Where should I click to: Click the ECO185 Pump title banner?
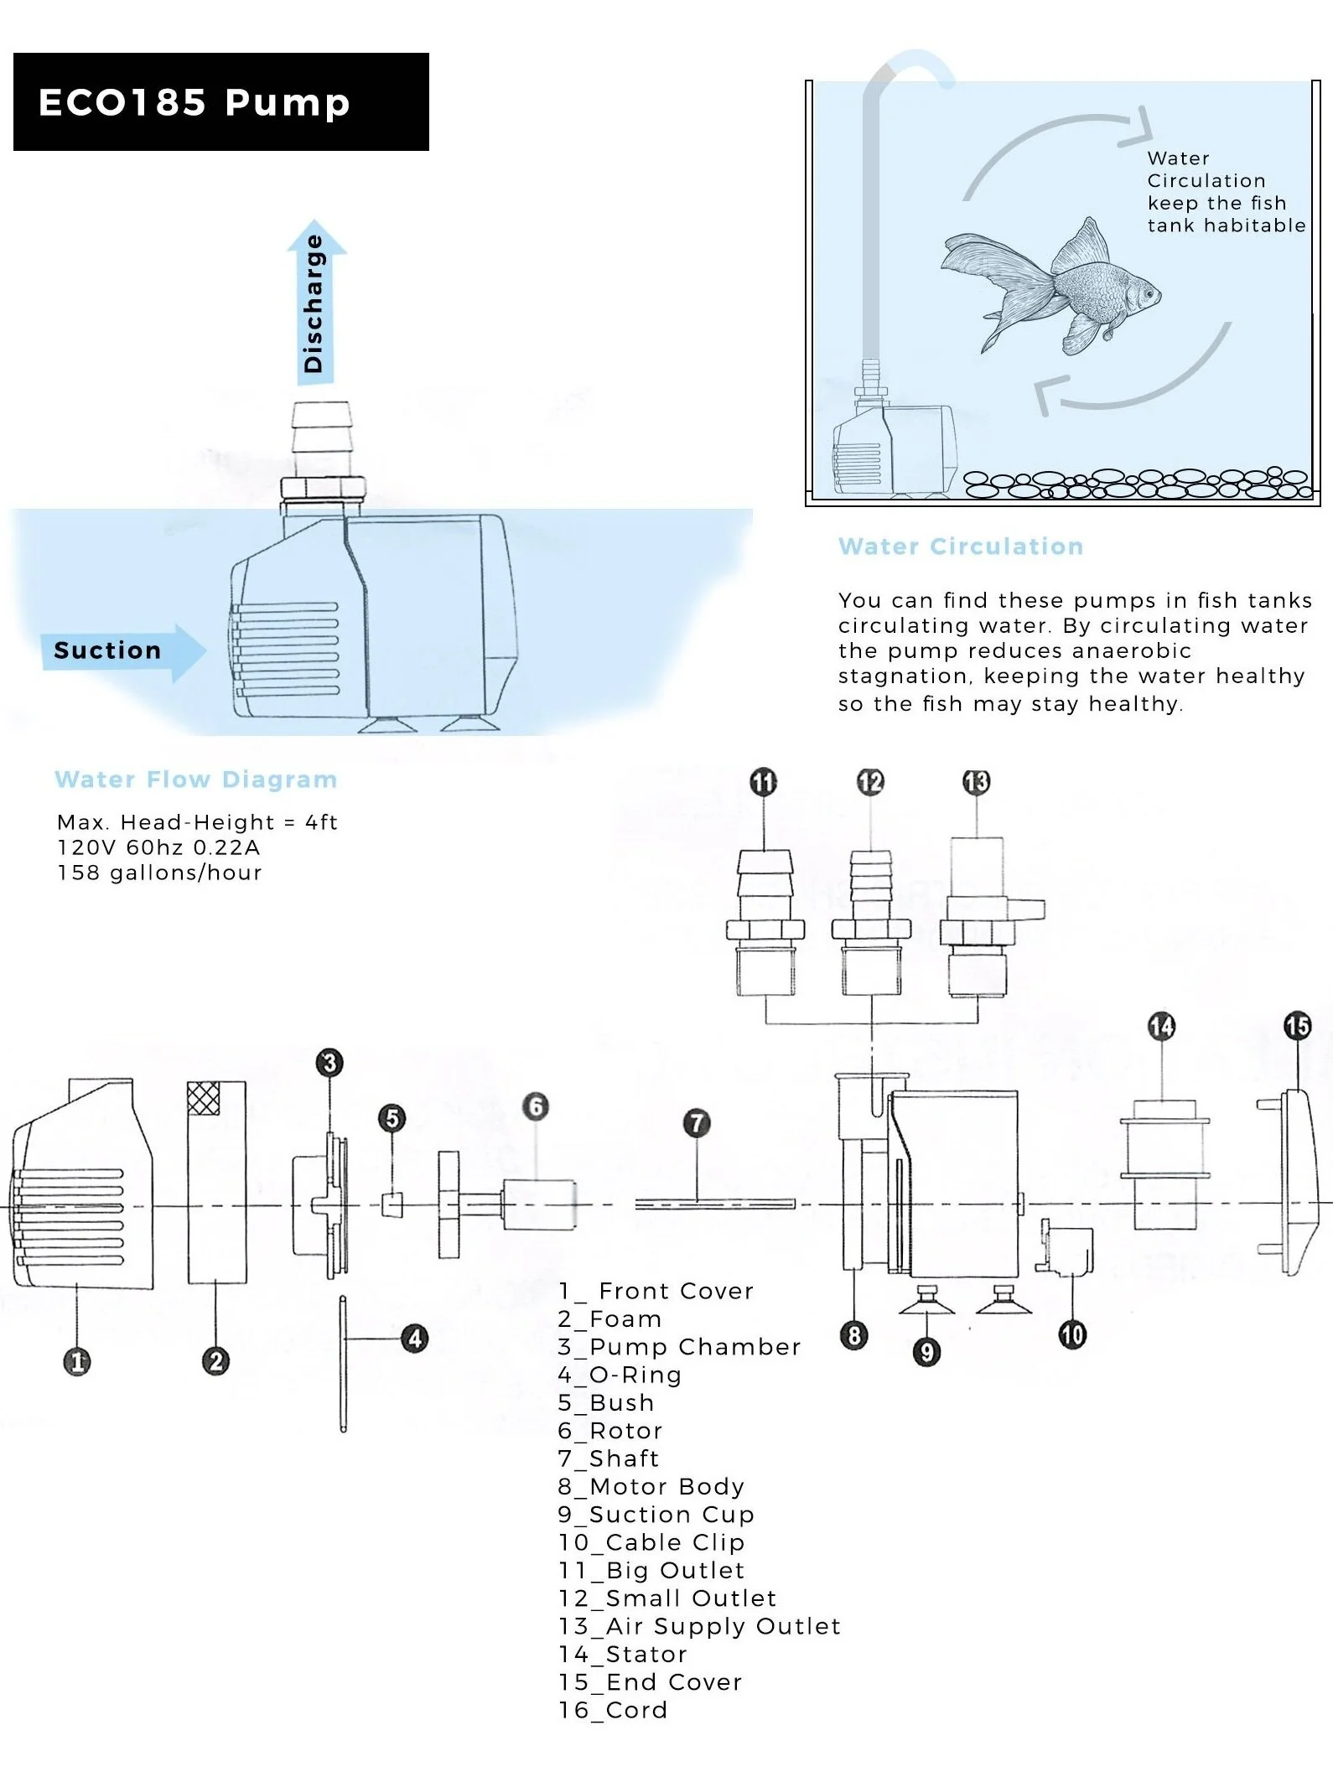click(220, 102)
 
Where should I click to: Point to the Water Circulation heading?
click(961, 547)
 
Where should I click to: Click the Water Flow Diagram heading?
click(196, 780)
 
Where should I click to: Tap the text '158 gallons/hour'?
click(159, 873)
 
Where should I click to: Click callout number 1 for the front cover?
click(77, 1361)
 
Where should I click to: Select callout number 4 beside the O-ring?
click(415, 1339)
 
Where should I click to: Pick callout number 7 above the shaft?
click(697, 1123)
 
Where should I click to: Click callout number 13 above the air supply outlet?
click(977, 782)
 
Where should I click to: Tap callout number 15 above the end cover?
click(1297, 1026)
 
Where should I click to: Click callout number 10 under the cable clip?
click(1072, 1334)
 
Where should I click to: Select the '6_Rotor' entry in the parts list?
click(610, 1431)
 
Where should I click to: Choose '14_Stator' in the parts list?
click(623, 1654)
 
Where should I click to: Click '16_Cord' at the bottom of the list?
click(613, 1710)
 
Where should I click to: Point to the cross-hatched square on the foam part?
click(203, 1098)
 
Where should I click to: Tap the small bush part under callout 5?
click(392, 1205)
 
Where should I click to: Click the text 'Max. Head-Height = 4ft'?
click(197, 822)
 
